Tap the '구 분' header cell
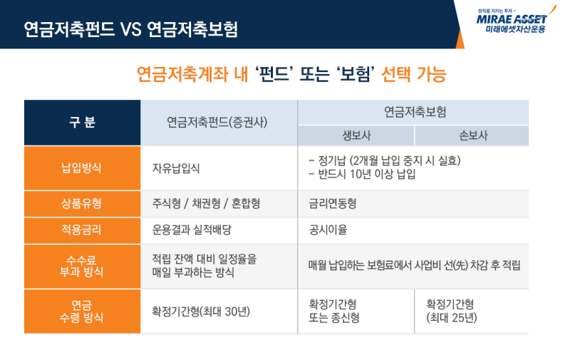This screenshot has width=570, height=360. coord(82,123)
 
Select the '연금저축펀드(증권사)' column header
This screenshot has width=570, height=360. coord(217,122)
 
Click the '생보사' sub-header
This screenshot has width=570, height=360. coord(356,135)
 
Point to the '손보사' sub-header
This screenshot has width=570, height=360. coord(473,135)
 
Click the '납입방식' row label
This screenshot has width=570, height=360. coord(81,168)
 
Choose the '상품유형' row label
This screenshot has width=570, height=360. coord(81,203)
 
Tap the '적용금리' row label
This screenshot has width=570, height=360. coord(81,230)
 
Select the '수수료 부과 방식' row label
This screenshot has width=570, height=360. coord(81,266)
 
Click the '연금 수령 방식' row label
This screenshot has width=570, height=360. coord(81,312)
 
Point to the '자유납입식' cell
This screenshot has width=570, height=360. coord(176,168)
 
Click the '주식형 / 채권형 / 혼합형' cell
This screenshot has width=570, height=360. coord(206,203)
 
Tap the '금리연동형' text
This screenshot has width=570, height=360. coord(333,203)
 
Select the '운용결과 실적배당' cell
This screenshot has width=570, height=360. coord(192,230)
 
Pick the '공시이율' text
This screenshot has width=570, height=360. coord(328,230)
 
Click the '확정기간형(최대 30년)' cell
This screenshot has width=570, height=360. coord(201,312)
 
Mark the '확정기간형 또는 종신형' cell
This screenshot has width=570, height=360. coord(334,312)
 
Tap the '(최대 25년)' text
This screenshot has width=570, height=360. coord(452,318)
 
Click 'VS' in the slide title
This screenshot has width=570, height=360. coord(131,29)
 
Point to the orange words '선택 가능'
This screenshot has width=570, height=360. coord(414,75)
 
